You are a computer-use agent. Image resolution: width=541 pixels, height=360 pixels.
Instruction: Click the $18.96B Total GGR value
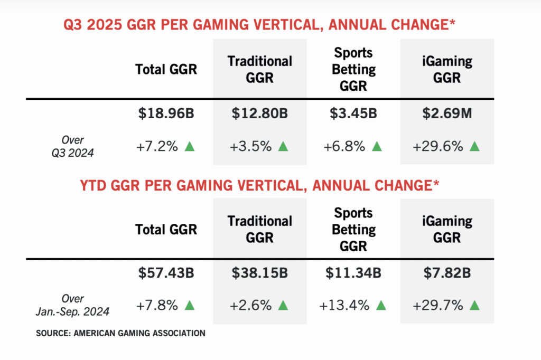tap(166, 113)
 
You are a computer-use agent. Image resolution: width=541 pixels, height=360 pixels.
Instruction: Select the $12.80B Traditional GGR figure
tap(259, 113)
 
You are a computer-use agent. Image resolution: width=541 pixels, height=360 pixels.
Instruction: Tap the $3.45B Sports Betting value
tap(354, 113)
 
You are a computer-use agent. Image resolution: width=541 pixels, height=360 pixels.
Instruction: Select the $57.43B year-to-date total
tap(166, 273)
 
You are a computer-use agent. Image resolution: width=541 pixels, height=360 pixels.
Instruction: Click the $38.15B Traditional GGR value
tap(259, 273)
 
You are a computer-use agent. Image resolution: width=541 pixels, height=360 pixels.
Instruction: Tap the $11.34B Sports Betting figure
tap(354, 273)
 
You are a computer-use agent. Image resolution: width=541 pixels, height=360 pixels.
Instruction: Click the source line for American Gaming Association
tap(120, 333)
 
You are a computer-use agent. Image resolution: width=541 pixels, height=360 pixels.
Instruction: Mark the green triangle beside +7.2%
tap(190, 146)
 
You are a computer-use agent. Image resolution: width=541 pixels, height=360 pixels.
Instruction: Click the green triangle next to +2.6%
tap(283, 306)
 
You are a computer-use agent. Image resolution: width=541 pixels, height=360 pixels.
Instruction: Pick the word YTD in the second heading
tap(95, 185)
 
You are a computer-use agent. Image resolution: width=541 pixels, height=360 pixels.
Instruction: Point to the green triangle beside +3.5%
tap(283, 146)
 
